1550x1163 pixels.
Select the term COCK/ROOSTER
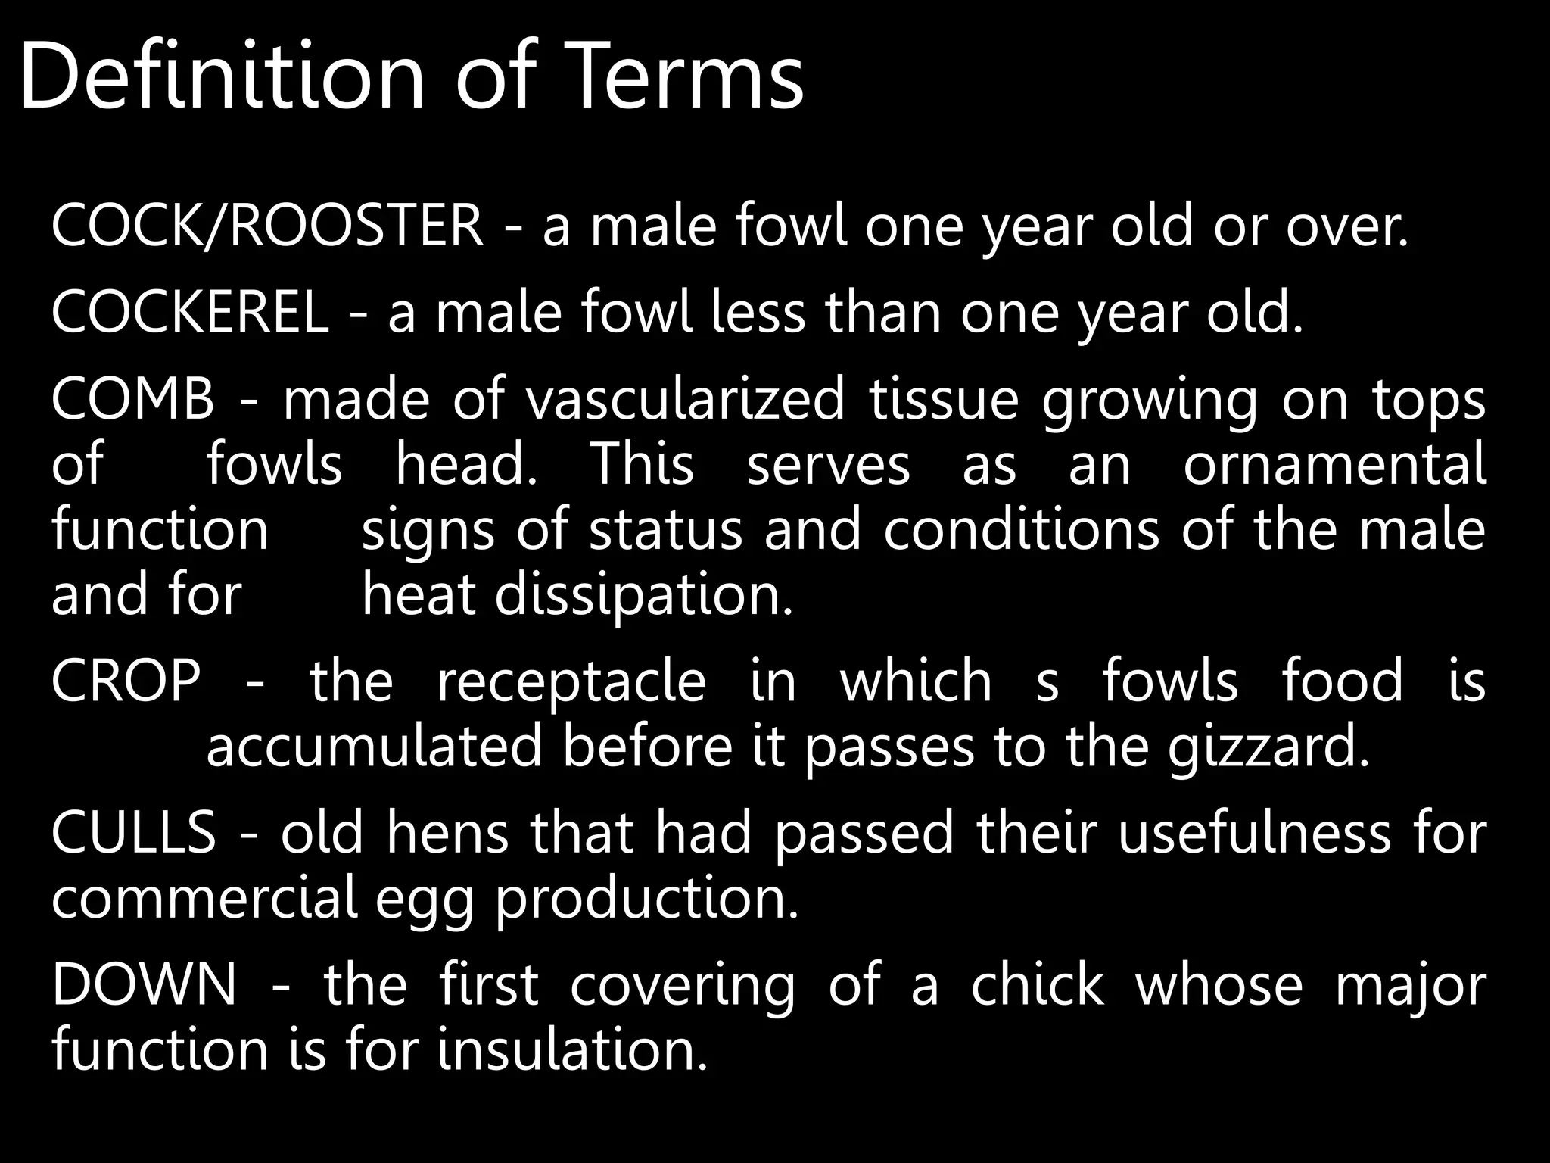click(266, 225)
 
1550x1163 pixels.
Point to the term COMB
click(133, 399)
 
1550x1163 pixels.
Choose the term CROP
click(126, 681)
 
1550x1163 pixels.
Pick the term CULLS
click(133, 832)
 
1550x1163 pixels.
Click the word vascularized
click(685, 399)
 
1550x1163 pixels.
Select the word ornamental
click(1334, 464)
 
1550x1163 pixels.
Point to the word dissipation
click(643, 595)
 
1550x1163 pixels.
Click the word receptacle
click(571, 681)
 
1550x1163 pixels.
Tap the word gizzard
click(1268, 747)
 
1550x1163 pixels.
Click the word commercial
click(204, 898)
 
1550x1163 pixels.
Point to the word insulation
click(572, 1049)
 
